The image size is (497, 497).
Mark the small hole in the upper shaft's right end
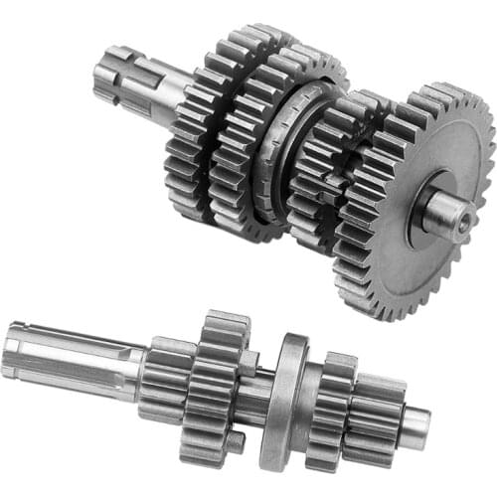click(x=463, y=226)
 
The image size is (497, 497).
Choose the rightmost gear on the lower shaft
click(x=378, y=413)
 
